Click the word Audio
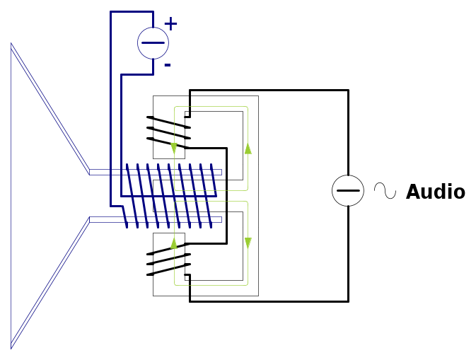435,192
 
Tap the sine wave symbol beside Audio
385,191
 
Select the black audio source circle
348,191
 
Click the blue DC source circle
153,43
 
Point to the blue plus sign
170,24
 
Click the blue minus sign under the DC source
168,65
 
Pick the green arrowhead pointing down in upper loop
174,149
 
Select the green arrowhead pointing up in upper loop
248,149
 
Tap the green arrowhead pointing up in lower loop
174,243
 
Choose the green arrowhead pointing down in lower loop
248,243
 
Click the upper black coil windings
169,128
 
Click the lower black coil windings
169,262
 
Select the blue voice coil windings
170,196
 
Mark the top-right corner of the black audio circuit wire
348,91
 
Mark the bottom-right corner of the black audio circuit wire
348,301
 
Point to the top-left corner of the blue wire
111,12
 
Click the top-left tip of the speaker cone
11,44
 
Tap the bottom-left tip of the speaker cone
11,348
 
